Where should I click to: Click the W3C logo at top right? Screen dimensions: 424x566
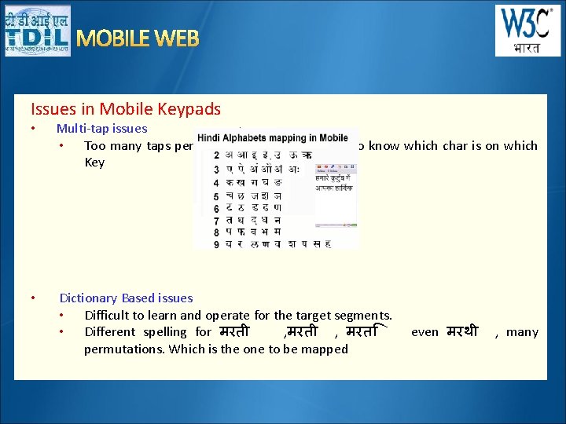[527, 31]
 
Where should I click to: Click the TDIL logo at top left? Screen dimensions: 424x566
[37, 31]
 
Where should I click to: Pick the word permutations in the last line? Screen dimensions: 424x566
[124, 349]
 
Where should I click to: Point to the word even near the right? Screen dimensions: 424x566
[424, 332]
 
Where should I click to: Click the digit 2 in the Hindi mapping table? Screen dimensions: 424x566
[216, 155]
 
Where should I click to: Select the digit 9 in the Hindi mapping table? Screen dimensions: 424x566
[216, 243]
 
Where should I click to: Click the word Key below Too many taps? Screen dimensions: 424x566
[94, 163]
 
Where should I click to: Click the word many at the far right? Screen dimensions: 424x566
[523, 332]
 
